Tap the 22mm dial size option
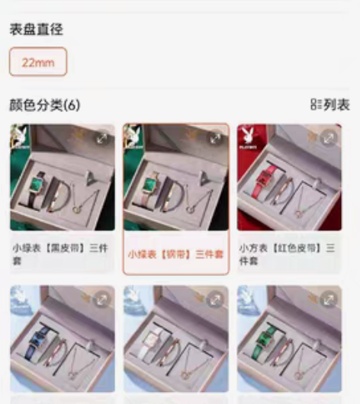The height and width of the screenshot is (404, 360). pos(38,63)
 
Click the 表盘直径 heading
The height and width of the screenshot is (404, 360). pos(36,30)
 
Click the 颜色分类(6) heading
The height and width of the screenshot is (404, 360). pos(44,104)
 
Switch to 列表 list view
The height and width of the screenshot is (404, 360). pos(330,105)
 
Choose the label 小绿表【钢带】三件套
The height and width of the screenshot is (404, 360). pos(175,255)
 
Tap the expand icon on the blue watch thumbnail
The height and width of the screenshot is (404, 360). pos(101,300)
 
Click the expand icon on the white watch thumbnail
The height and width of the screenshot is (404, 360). pos(215,300)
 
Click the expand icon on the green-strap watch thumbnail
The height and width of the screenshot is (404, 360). pos(329,300)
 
